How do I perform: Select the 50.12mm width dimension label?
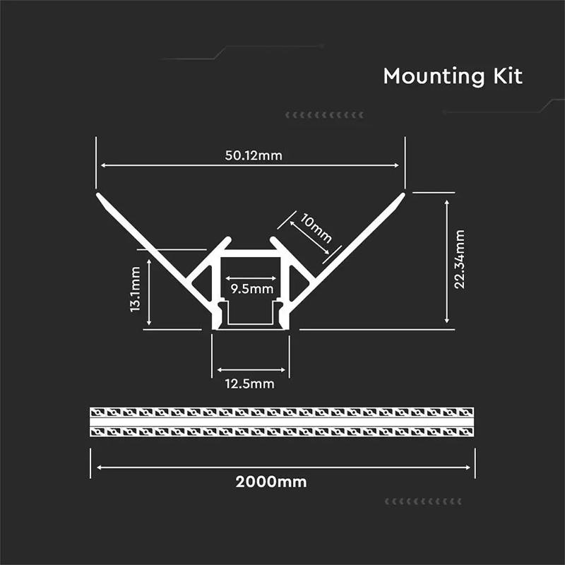coord(253,155)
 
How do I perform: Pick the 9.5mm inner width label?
coord(251,288)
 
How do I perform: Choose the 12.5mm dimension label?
coord(249,383)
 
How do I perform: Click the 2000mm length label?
coord(271,482)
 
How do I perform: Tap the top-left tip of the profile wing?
coord(97,193)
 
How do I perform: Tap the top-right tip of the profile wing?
coord(403,193)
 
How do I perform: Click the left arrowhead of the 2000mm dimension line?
coord(100,467)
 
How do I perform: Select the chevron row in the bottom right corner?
coord(423,501)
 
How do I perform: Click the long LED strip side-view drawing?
coord(282,422)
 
